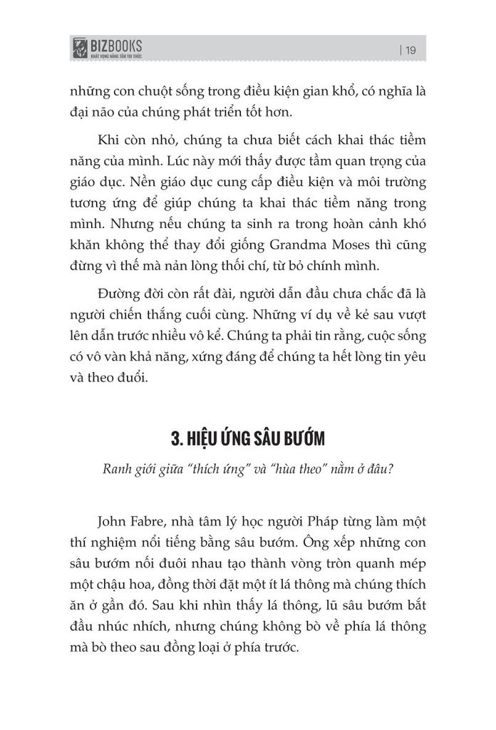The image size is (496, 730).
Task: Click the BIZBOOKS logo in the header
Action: pos(107,48)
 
